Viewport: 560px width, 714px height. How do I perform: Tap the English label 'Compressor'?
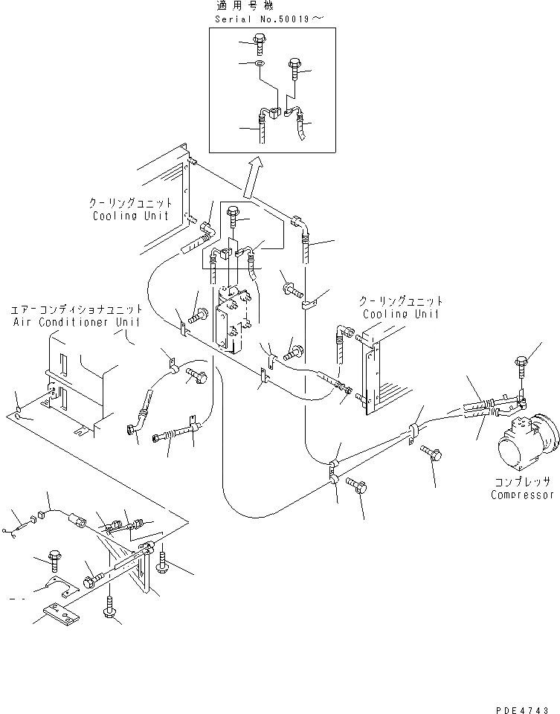523,495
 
